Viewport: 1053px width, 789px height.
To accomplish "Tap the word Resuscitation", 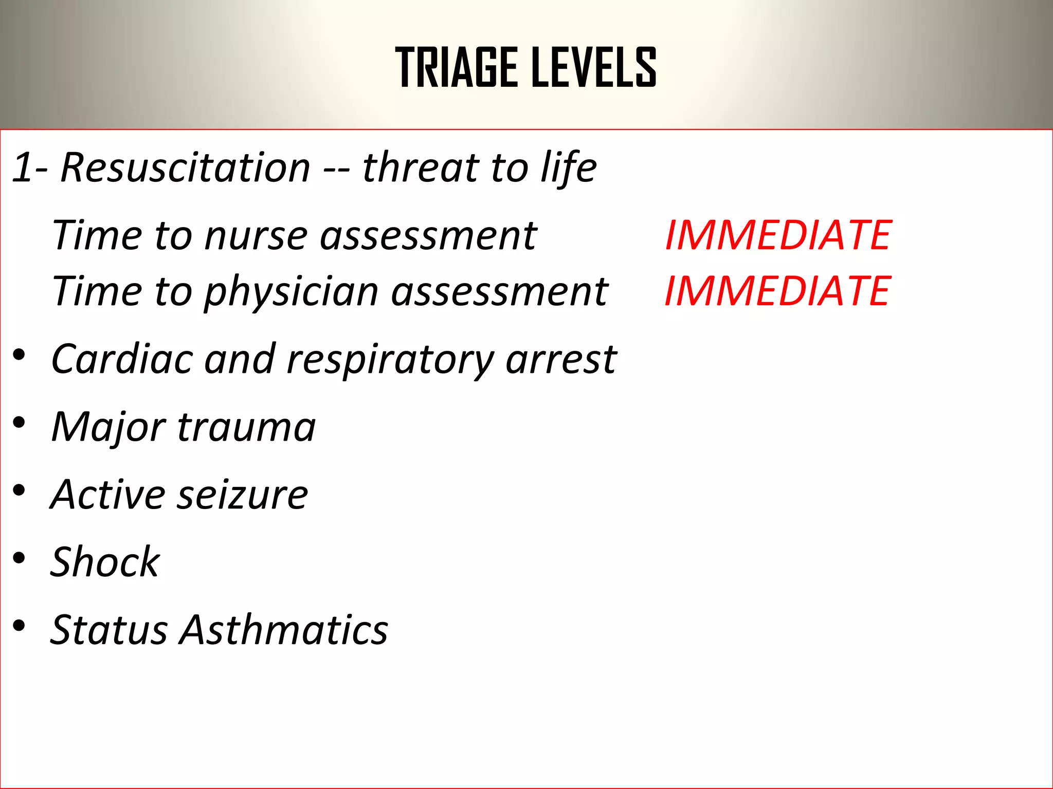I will [x=185, y=167].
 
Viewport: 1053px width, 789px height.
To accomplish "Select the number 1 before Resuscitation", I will [x=23, y=167].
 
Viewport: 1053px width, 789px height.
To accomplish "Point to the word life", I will [x=569, y=167].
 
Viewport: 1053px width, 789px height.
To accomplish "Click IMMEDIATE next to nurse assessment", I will [x=778, y=235].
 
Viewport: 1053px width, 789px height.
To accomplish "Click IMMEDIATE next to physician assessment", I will [x=777, y=291].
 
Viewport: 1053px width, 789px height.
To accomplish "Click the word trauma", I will [x=246, y=427].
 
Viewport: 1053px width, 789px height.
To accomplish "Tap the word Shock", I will [x=105, y=562].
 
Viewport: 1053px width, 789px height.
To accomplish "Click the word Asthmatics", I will [x=284, y=630].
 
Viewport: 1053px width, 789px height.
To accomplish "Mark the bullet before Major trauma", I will [x=20, y=423].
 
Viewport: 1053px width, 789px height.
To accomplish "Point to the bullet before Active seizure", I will [x=20, y=491].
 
